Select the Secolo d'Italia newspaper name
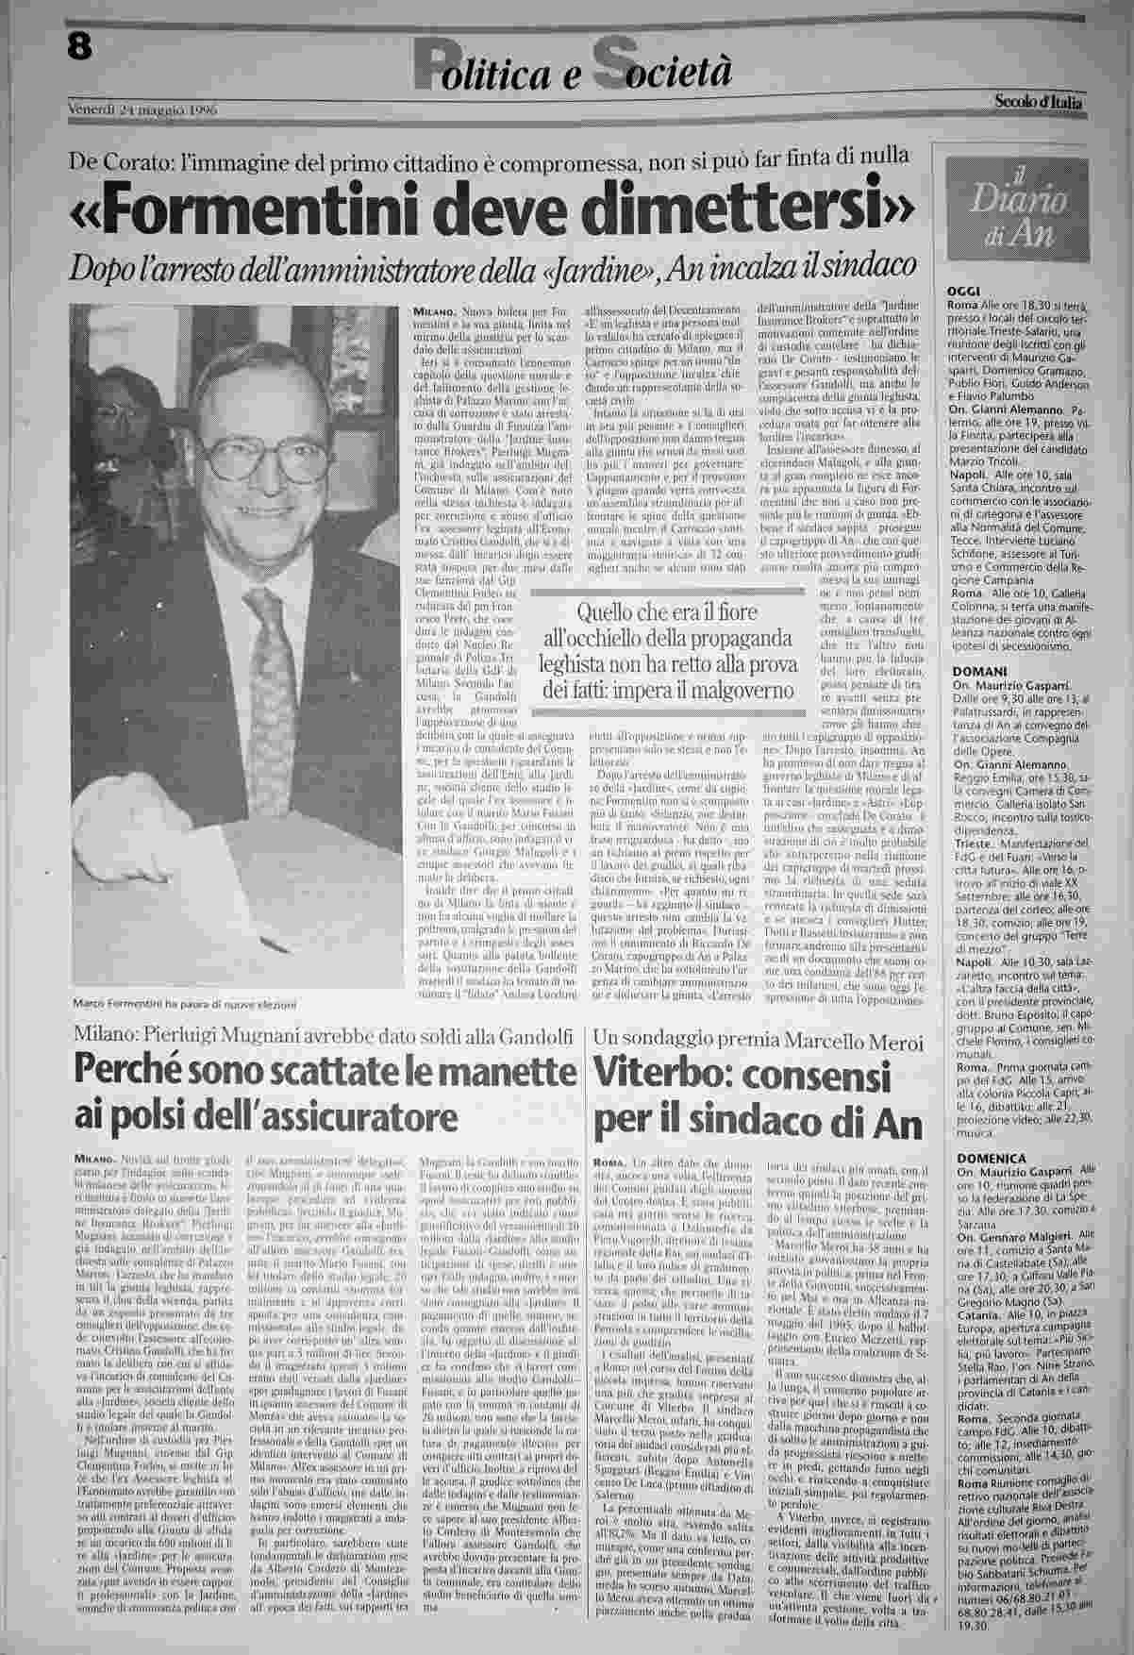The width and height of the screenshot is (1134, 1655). [x=1037, y=102]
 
